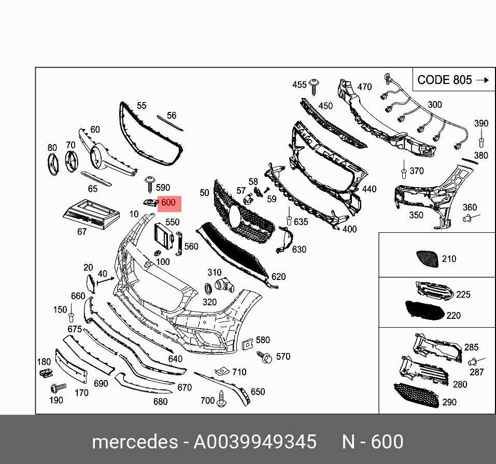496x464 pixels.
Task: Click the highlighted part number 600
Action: (x=168, y=203)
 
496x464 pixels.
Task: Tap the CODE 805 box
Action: (x=452, y=80)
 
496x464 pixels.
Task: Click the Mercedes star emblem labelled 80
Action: (x=52, y=165)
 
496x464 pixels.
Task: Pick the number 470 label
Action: (x=364, y=87)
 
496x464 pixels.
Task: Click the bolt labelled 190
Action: (x=57, y=387)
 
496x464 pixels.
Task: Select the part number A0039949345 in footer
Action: (x=254, y=442)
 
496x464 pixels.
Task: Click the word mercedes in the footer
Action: (x=134, y=442)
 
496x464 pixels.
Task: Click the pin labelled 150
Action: (x=72, y=317)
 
